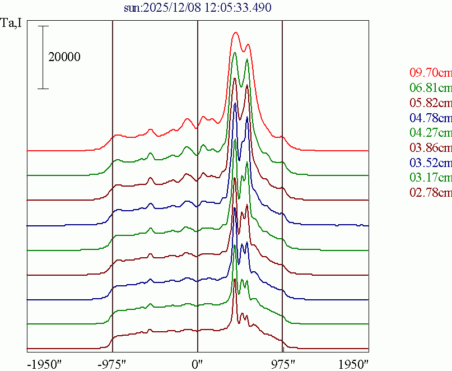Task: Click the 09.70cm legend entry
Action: click(x=430, y=72)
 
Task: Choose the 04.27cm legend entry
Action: click(x=430, y=133)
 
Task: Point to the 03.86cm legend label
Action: click(x=430, y=148)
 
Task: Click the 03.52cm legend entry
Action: click(x=430, y=163)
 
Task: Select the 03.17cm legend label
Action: click(x=430, y=178)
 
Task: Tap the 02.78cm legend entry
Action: click(x=430, y=193)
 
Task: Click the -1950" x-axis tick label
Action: click(x=44, y=363)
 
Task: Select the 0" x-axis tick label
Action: click(x=198, y=363)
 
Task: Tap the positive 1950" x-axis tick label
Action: click(x=352, y=363)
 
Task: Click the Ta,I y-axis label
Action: click(x=12, y=24)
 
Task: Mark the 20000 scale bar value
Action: click(x=64, y=57)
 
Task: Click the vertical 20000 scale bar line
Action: click(x=44, y=57)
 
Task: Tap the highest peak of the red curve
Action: click(x=236, y=33)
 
